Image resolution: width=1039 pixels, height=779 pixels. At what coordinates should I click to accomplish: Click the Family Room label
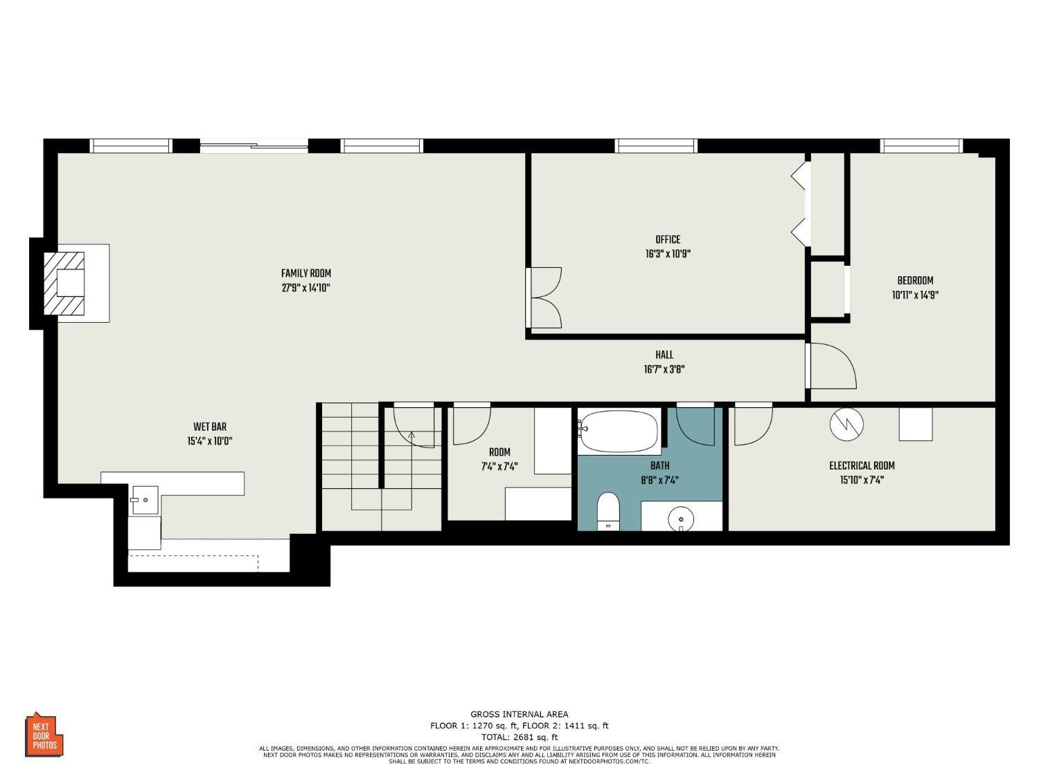point(305,274)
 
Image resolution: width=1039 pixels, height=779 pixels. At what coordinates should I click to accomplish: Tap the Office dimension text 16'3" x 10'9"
point(668,254)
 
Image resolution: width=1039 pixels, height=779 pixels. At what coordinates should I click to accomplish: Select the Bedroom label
point(915,280)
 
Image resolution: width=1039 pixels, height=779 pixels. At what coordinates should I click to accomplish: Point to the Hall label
point(664,355)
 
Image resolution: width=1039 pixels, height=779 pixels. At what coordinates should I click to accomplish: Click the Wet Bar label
point(210,427)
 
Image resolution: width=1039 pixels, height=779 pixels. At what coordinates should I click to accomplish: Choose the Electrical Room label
point(862,465)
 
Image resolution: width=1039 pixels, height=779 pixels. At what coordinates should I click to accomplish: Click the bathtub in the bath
point(619,431)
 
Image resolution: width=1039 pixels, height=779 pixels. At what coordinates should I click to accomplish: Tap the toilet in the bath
point(607,511)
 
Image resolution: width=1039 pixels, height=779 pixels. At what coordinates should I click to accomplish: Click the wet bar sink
point(144,499)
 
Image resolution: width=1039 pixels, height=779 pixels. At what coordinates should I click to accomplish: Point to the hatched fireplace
point(64,283)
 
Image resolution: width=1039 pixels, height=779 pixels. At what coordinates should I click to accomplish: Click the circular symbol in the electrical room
point(846,424)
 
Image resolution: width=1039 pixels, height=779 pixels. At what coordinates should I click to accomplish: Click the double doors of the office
point(544,298)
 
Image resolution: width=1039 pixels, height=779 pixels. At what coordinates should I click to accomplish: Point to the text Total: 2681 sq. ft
point(519,737)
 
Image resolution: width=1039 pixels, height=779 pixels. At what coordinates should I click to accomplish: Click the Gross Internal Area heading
point(519,714)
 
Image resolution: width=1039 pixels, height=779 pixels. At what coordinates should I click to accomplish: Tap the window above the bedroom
point(921,145)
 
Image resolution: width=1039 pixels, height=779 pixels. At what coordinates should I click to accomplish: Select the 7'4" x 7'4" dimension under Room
point(499,466)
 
